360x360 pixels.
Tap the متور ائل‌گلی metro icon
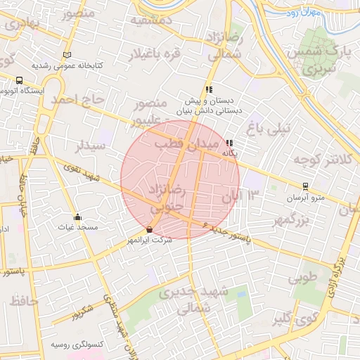[305, 186]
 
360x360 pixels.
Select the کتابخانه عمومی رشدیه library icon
[67, 55]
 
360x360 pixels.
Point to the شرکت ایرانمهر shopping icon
[149, 230]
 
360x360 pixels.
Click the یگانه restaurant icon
[229, 143]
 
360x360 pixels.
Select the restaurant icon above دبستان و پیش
[208, 89]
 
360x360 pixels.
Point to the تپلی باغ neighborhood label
[264, 127]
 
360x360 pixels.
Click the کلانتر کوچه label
[324, 159]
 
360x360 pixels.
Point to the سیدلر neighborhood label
[92, 146]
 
